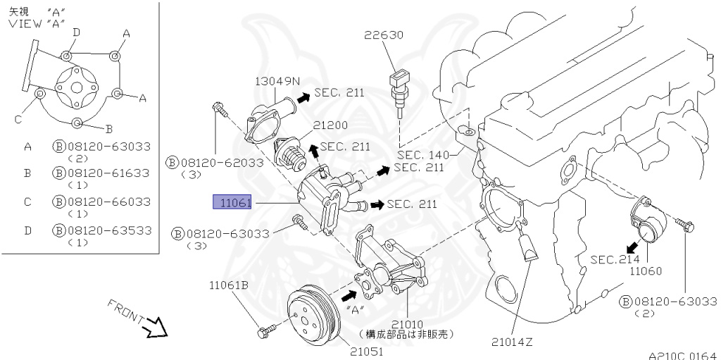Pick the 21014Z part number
point(512,342)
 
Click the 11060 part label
point(646,270)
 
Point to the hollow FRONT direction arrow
point(153,326)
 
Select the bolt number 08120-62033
point(221,162)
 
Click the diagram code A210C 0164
point(682,354)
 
